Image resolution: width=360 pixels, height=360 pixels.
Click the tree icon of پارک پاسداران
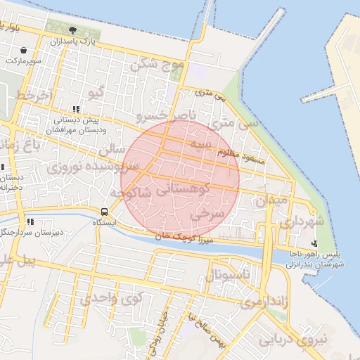pos(74,30)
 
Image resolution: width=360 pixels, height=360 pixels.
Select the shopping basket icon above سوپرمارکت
pos(25,51)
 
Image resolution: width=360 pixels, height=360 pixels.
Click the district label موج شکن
pos(157,65)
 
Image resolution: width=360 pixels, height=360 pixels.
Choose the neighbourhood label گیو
pos(93,92)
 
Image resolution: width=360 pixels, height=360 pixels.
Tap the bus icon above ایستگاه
pos(105,212)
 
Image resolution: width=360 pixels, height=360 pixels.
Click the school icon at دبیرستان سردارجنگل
pos(30,221)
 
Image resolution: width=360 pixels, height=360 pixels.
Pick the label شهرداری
pos(302,222)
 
